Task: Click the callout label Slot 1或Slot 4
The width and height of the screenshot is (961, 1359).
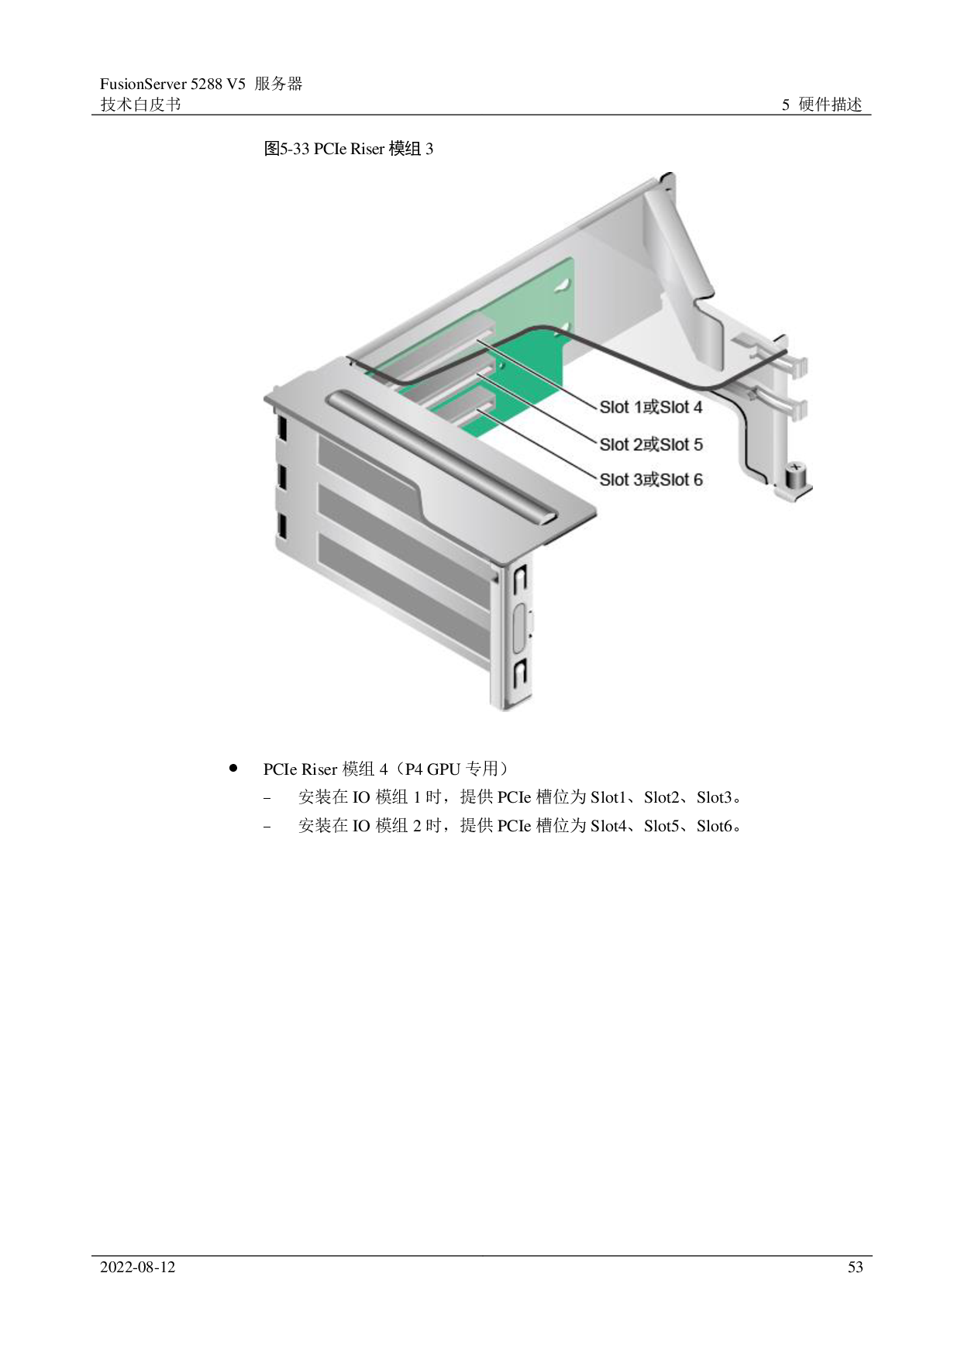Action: pos(651,407)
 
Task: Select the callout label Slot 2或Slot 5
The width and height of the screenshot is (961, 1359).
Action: pos(651,444)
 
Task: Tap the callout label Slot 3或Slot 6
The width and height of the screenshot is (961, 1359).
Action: pos(651,480)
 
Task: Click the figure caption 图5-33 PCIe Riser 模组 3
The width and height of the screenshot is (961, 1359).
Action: pos(349,149)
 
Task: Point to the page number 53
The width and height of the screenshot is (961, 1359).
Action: pos(855,1267)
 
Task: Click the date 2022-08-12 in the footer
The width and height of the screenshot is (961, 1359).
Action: pos(138,1267)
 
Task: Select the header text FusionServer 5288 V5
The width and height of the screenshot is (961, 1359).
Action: pos(173,84)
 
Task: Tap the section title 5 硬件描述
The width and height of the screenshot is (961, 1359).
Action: pos(821,105)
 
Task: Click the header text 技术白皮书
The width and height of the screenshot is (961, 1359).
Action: pos(140,105)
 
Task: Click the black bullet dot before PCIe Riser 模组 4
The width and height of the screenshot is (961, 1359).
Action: pos(232,768)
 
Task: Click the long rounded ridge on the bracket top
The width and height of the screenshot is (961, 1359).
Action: pos(442,456)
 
